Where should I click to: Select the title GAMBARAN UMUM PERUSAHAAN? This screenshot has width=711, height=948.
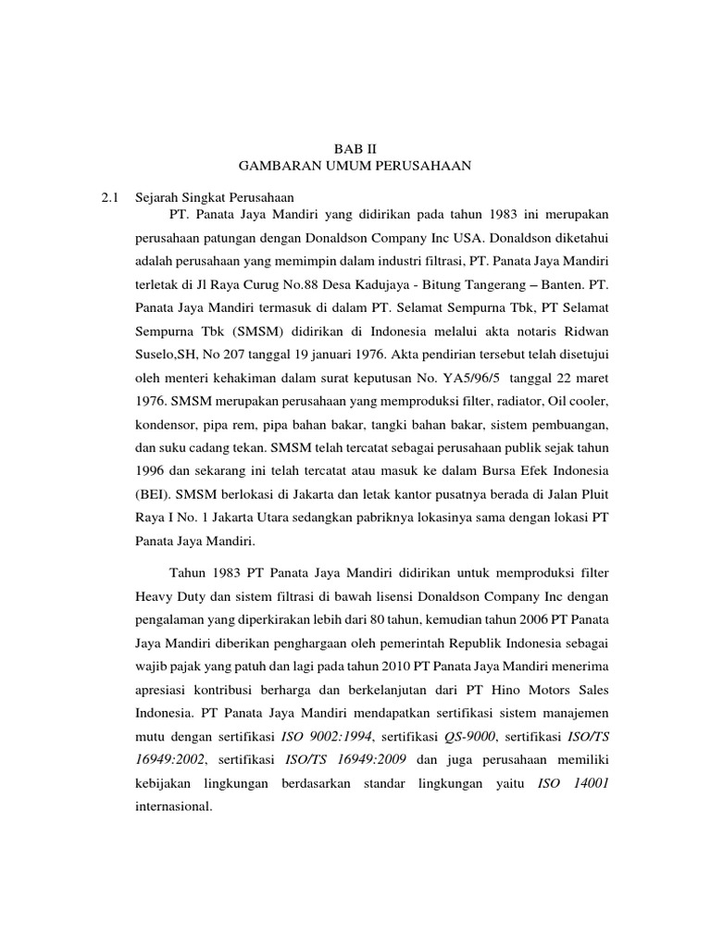pos(355,166)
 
